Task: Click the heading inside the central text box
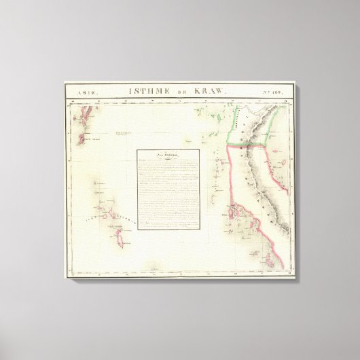point(168,155)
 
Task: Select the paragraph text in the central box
point(168,183)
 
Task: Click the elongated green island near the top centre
point(217,121)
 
